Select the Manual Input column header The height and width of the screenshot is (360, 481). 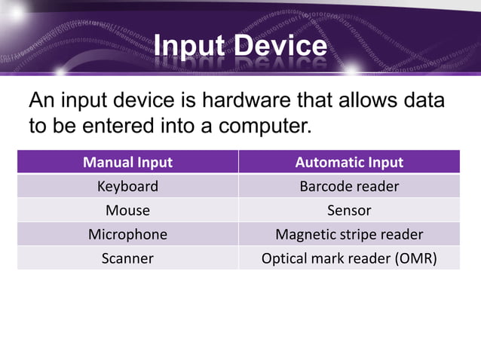pos(127,162)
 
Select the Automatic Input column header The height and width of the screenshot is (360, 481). pos(349,162)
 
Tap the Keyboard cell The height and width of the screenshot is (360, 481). pos(127,186)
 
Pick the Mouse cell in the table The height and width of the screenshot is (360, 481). pos(127,210)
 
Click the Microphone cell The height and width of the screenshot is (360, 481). pos(127,234)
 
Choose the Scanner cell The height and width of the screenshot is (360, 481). pos(127,258)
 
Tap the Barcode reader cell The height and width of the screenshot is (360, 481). pos(349,186)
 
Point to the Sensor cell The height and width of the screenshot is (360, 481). pos(349,210)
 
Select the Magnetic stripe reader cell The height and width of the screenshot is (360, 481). pos(349,234)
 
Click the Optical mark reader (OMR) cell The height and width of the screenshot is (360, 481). pos(349,258)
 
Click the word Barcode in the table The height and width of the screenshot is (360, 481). pos(325,186)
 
